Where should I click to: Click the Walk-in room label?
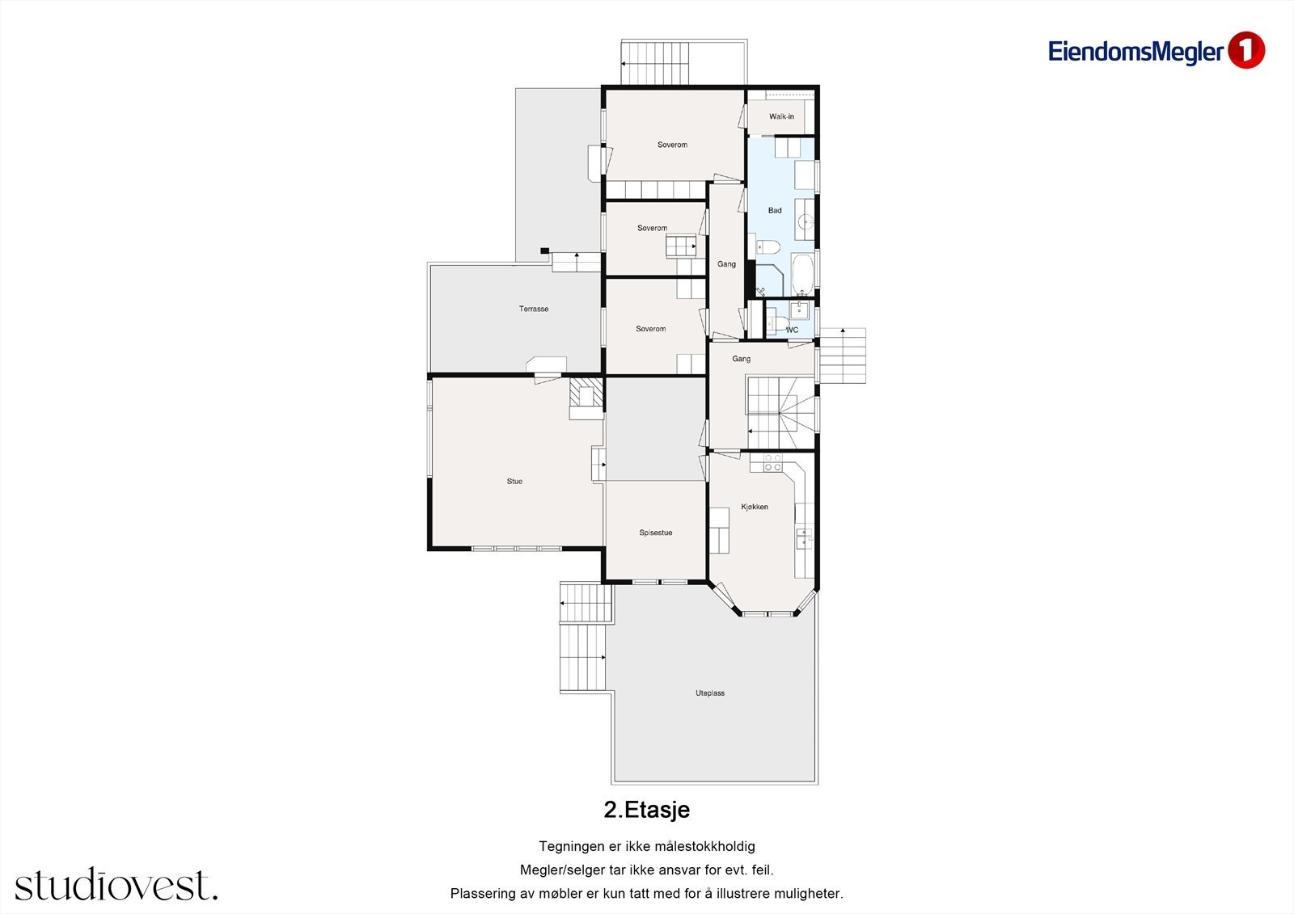[781, 116]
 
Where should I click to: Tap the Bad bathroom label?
[775, 210]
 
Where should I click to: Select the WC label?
[792, 330]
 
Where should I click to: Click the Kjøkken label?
[755, 507]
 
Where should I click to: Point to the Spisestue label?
[655, 533]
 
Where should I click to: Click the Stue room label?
[514, 481]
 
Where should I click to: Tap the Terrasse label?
[534, 309]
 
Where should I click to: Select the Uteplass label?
[710, 693]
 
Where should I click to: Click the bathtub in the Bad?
[802, 275]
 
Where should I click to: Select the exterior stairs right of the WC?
[842, 356]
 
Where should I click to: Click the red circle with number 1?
[1246, 50]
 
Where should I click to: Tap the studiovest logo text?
[116, 885]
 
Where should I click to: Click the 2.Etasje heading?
[646, 809]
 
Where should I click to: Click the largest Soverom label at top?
[672, 145]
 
